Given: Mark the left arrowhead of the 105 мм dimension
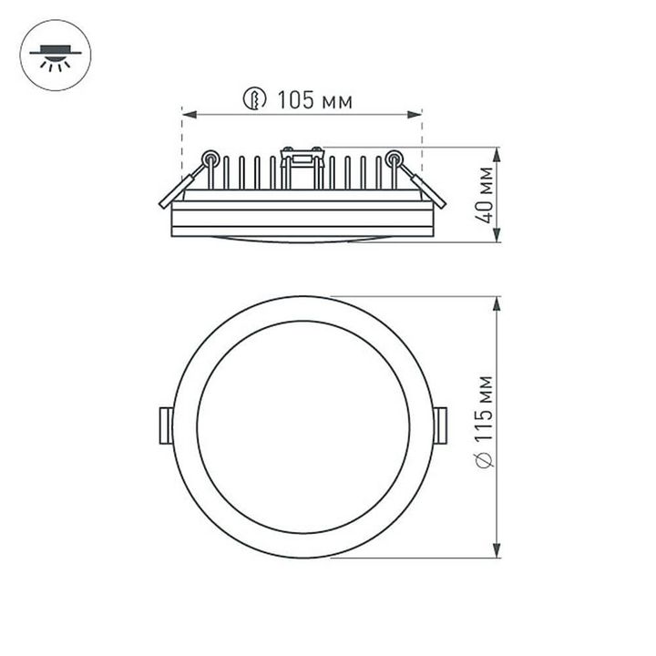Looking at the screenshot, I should click(x=188, y=114).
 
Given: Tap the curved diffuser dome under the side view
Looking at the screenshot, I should click(x=302, y=240).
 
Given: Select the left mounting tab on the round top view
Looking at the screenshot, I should click(x=165, y=425).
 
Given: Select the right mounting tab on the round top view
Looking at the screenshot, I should click(x=441, y=425).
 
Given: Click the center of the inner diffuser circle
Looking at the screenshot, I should click(x=302, y=426).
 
